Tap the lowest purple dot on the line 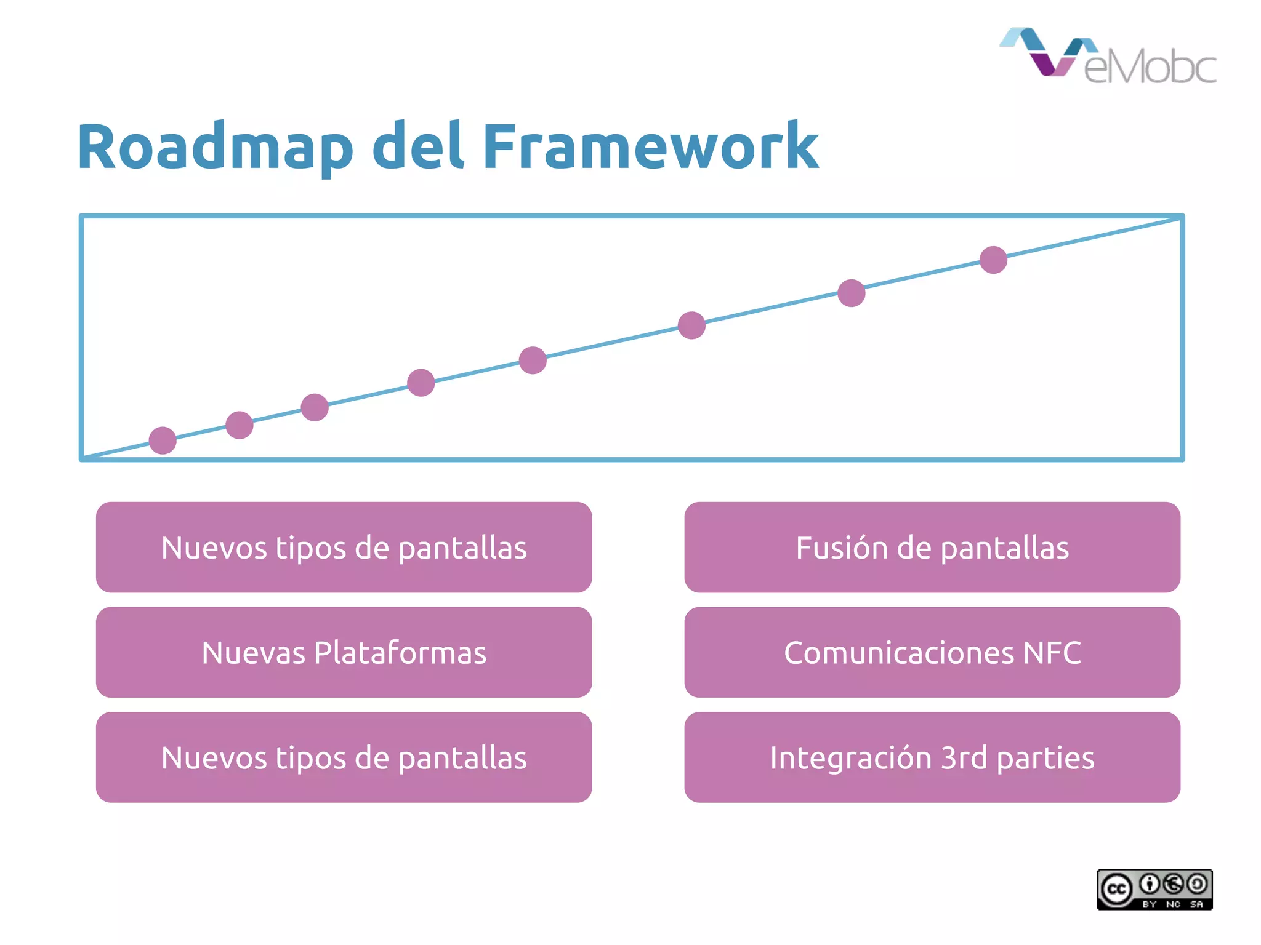(x=163, y=441)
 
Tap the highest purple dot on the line (x=993, y=260)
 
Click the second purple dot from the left (x=240, y=425)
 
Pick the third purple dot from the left (x=315, y=407)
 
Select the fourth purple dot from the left (x=421, y=383)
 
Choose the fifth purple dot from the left (x=533, y=360)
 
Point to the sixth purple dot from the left (x=691, y=325)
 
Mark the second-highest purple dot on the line (x=852, y=293)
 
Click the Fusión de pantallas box (x=932, y=547)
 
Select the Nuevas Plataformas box (x=344, y=652)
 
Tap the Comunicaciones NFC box (x=932, y=652)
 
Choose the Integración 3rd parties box (x=932, y=757)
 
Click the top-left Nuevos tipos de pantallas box (x=344, y=547)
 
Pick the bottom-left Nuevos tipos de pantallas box (x=344, y=757)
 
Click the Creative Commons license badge (x=1154, y=890)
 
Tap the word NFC (x=1052, y=653)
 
